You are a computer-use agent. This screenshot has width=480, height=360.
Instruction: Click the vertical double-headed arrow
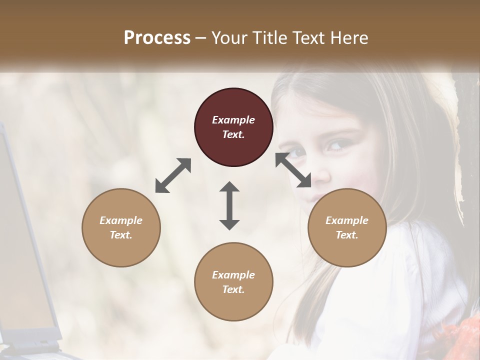click(x=229, y=205)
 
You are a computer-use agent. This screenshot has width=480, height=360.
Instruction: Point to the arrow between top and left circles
click(x=173, y=175)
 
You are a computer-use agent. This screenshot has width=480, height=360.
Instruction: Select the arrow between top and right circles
click(x=293, y=170)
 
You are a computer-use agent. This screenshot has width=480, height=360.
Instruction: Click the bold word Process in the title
click(x=157, y=37)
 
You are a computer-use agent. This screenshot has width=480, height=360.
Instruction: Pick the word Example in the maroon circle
click(x=233, y=120)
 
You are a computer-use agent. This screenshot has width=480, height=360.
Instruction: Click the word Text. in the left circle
click(x=121, y=235)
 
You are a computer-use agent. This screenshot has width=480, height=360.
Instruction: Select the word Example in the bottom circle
click(x=233, y=275)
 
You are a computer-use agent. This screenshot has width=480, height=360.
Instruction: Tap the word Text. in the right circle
click(x=347, y=235)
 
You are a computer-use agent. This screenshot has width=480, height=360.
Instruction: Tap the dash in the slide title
click(x=201, y=37)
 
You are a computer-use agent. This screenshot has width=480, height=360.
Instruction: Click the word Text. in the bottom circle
click(x=233, y=289)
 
